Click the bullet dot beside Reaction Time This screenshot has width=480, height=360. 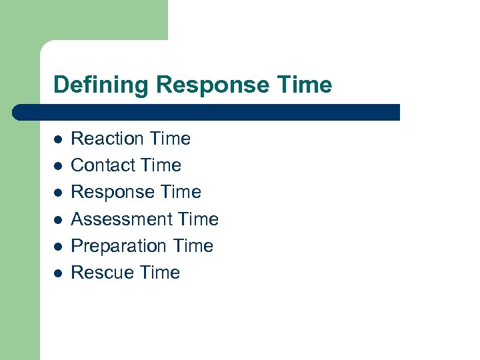click(58, 139)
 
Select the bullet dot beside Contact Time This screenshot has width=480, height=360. click(58, 166)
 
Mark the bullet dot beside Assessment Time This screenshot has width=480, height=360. click(58, 219)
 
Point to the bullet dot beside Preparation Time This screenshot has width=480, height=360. click(58, 246)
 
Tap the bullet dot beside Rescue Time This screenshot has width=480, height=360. click(58, 273)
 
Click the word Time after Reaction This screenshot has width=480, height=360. click(171, 139)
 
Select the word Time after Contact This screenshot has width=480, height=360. click(161, 165)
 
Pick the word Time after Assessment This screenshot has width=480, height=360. click(199, 219)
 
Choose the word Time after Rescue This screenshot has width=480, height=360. click(160, 273)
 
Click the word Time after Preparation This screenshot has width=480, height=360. click(193, 246)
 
